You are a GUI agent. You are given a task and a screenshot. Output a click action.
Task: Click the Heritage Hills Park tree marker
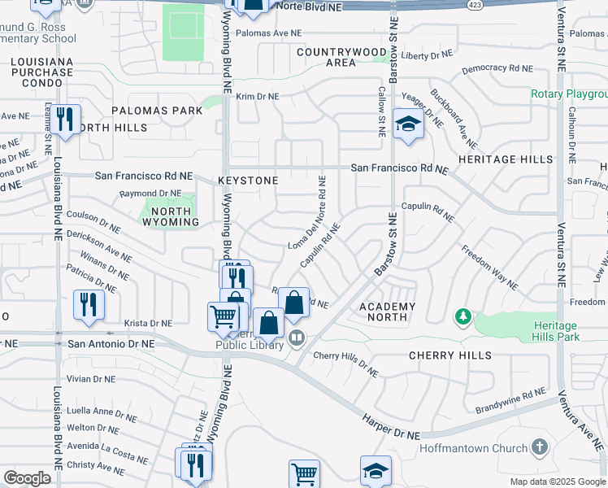463,316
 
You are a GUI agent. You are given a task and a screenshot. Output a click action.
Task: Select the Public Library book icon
297,338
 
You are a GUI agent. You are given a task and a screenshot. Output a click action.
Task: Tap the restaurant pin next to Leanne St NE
65,120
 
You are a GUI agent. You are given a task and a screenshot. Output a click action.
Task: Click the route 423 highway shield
472,5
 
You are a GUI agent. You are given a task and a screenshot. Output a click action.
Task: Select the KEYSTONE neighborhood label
248,180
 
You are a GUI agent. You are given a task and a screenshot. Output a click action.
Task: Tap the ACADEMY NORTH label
388,312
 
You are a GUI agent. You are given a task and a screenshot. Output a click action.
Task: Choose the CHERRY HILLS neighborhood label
449,355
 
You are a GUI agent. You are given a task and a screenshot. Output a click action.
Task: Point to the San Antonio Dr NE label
111,344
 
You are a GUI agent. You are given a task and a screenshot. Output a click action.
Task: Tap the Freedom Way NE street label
489,268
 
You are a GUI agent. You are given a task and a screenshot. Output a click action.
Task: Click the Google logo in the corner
27,478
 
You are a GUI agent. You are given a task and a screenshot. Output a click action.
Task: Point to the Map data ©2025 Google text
558,481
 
